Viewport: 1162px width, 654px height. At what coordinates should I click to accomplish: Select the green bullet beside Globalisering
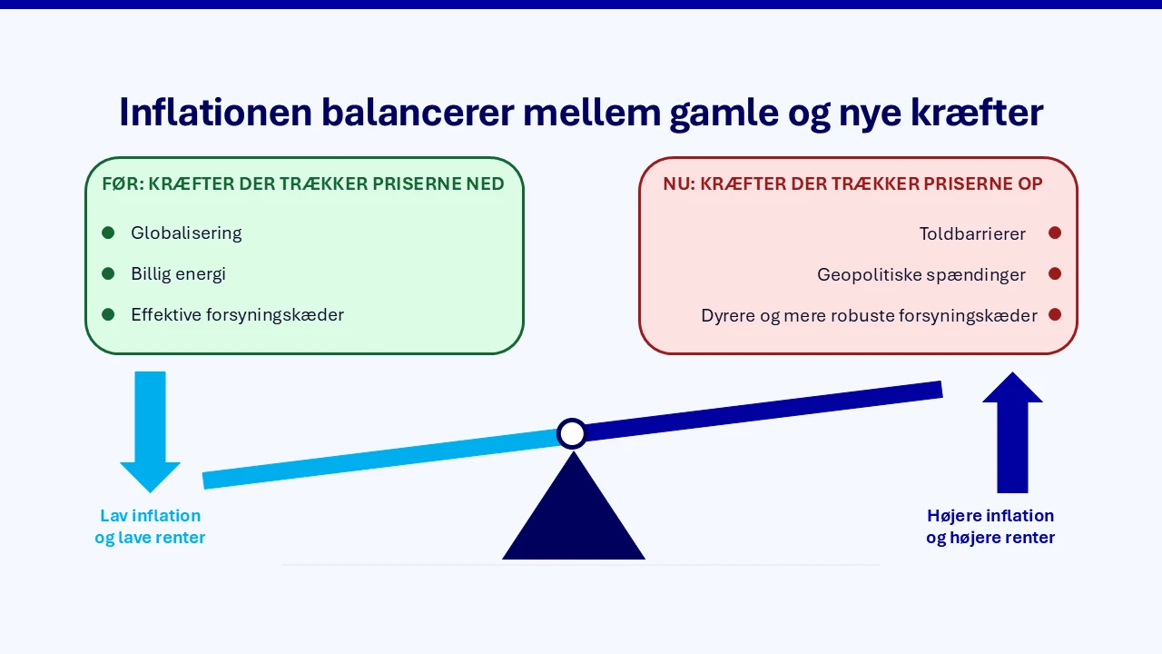point(108,233)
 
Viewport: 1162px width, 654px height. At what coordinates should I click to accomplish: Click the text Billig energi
point(179,273)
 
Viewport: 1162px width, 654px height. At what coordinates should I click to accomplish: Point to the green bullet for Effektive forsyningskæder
point(108,314)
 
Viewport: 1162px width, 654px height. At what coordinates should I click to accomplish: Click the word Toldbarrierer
point(972,233)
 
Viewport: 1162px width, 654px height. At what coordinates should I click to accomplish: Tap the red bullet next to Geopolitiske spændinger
point(1055,273)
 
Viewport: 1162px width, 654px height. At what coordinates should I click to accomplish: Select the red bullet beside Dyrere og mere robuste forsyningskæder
point(1055,314)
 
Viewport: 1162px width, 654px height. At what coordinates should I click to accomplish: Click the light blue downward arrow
point(150,431)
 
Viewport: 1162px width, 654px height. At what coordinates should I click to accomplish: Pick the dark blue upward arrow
point(1012,431)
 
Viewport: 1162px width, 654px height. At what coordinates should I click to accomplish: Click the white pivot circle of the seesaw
point(572,433)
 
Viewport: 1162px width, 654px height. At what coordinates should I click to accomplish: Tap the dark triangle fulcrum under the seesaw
point(573,514)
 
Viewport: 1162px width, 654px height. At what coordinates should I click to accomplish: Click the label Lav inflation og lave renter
point(150,526)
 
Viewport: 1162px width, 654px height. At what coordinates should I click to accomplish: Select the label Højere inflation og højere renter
point(990,526)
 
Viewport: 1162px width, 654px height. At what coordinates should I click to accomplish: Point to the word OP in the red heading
point(1030,183)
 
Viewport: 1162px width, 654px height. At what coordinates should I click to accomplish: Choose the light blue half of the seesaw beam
point(381,458)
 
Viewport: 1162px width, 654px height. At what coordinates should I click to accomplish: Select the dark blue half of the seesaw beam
point(763,411)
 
